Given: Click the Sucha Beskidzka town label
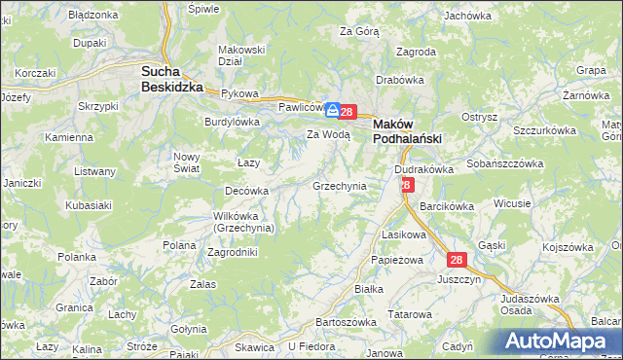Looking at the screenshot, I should pos(172,79).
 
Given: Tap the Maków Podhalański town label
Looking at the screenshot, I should pos(408,131).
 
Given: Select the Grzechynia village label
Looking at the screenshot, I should pos(339,185).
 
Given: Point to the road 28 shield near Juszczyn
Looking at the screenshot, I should pos(457,260).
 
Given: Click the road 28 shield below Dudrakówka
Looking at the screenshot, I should pos(406,184).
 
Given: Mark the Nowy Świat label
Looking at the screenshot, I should pos(186,162).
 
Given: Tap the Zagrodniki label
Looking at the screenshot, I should pos(233,252).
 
